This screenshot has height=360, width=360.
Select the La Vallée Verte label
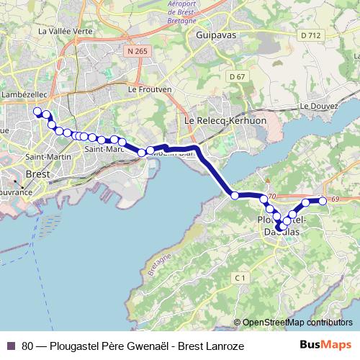click(66, 32)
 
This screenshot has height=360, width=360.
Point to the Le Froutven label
click(149, 89)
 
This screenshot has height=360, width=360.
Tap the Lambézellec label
click(24, 94)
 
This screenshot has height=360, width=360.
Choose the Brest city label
click(37, 174)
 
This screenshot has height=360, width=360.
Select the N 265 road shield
click(135, 52)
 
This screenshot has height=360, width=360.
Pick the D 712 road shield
click(311, 35)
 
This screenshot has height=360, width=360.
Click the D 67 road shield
click(238, 76)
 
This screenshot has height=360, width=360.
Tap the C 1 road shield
click(240, 277)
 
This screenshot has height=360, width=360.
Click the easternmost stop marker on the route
click(323, 201)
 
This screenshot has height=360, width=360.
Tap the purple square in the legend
click(12, 346)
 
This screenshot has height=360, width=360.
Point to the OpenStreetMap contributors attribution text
click(297, 323)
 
